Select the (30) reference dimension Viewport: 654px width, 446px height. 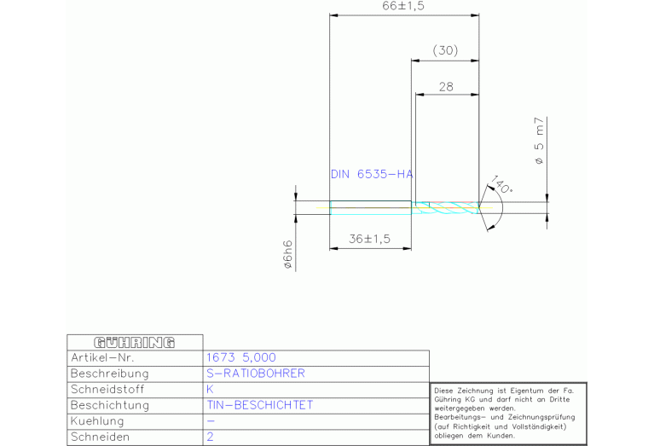tap(445, 51)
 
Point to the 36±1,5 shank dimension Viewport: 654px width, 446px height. tap(369, 239)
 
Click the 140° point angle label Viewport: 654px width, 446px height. tap(501, 188)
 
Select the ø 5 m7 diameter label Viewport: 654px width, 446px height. tap(539, 141)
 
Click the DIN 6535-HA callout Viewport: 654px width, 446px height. tap(371, 174)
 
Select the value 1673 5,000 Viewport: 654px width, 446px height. tap(241, 358)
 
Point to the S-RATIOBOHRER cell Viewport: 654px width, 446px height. tap(256, 374)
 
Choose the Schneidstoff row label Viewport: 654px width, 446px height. tap(107, 390)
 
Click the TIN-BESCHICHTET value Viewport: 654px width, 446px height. tap(260, 405)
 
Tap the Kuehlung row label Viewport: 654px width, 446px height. tap(97, 421)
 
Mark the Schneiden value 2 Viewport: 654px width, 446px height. tap(211, 437)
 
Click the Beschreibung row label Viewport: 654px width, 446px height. tap(109, 374)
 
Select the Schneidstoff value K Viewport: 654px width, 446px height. tap(211, 390)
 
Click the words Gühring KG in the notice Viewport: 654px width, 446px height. tap(453, 397)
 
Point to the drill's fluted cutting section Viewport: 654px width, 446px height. tap(445, 207)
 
